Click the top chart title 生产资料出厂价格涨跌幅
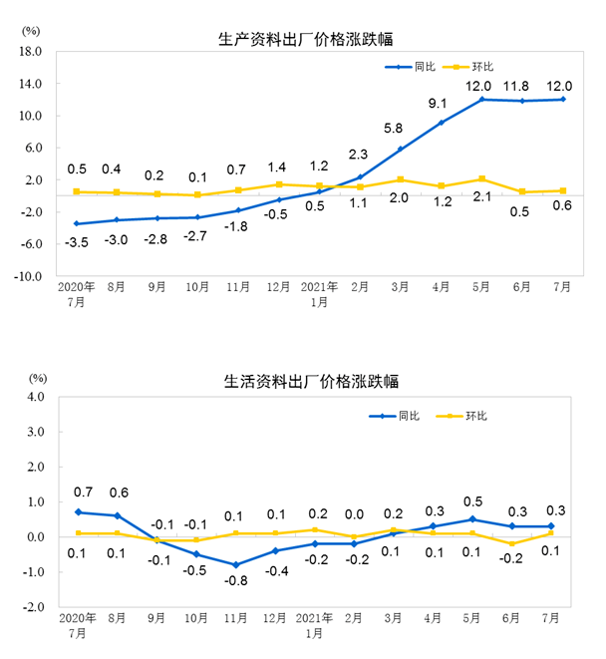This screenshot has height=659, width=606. (305, 40)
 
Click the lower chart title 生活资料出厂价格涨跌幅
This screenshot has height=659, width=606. (305, 382)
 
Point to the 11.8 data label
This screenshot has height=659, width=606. (521, 85)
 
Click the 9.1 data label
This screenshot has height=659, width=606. (439, 104)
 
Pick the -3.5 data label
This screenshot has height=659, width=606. (77, 242)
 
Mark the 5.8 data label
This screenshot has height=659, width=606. (393, 129)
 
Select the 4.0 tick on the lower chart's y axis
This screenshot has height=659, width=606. (37, 397)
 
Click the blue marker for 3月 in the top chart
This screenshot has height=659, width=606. (401, 150)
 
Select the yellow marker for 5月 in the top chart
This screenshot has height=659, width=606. (481, 179)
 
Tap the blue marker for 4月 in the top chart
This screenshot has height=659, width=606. (442, 123)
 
